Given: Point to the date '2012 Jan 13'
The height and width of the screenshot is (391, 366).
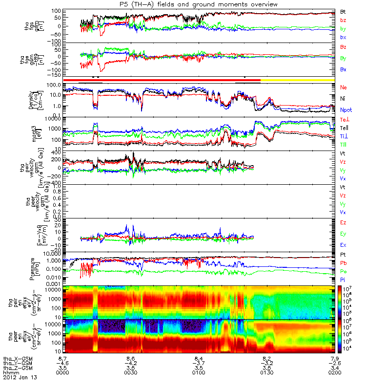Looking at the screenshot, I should click(20, 378).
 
